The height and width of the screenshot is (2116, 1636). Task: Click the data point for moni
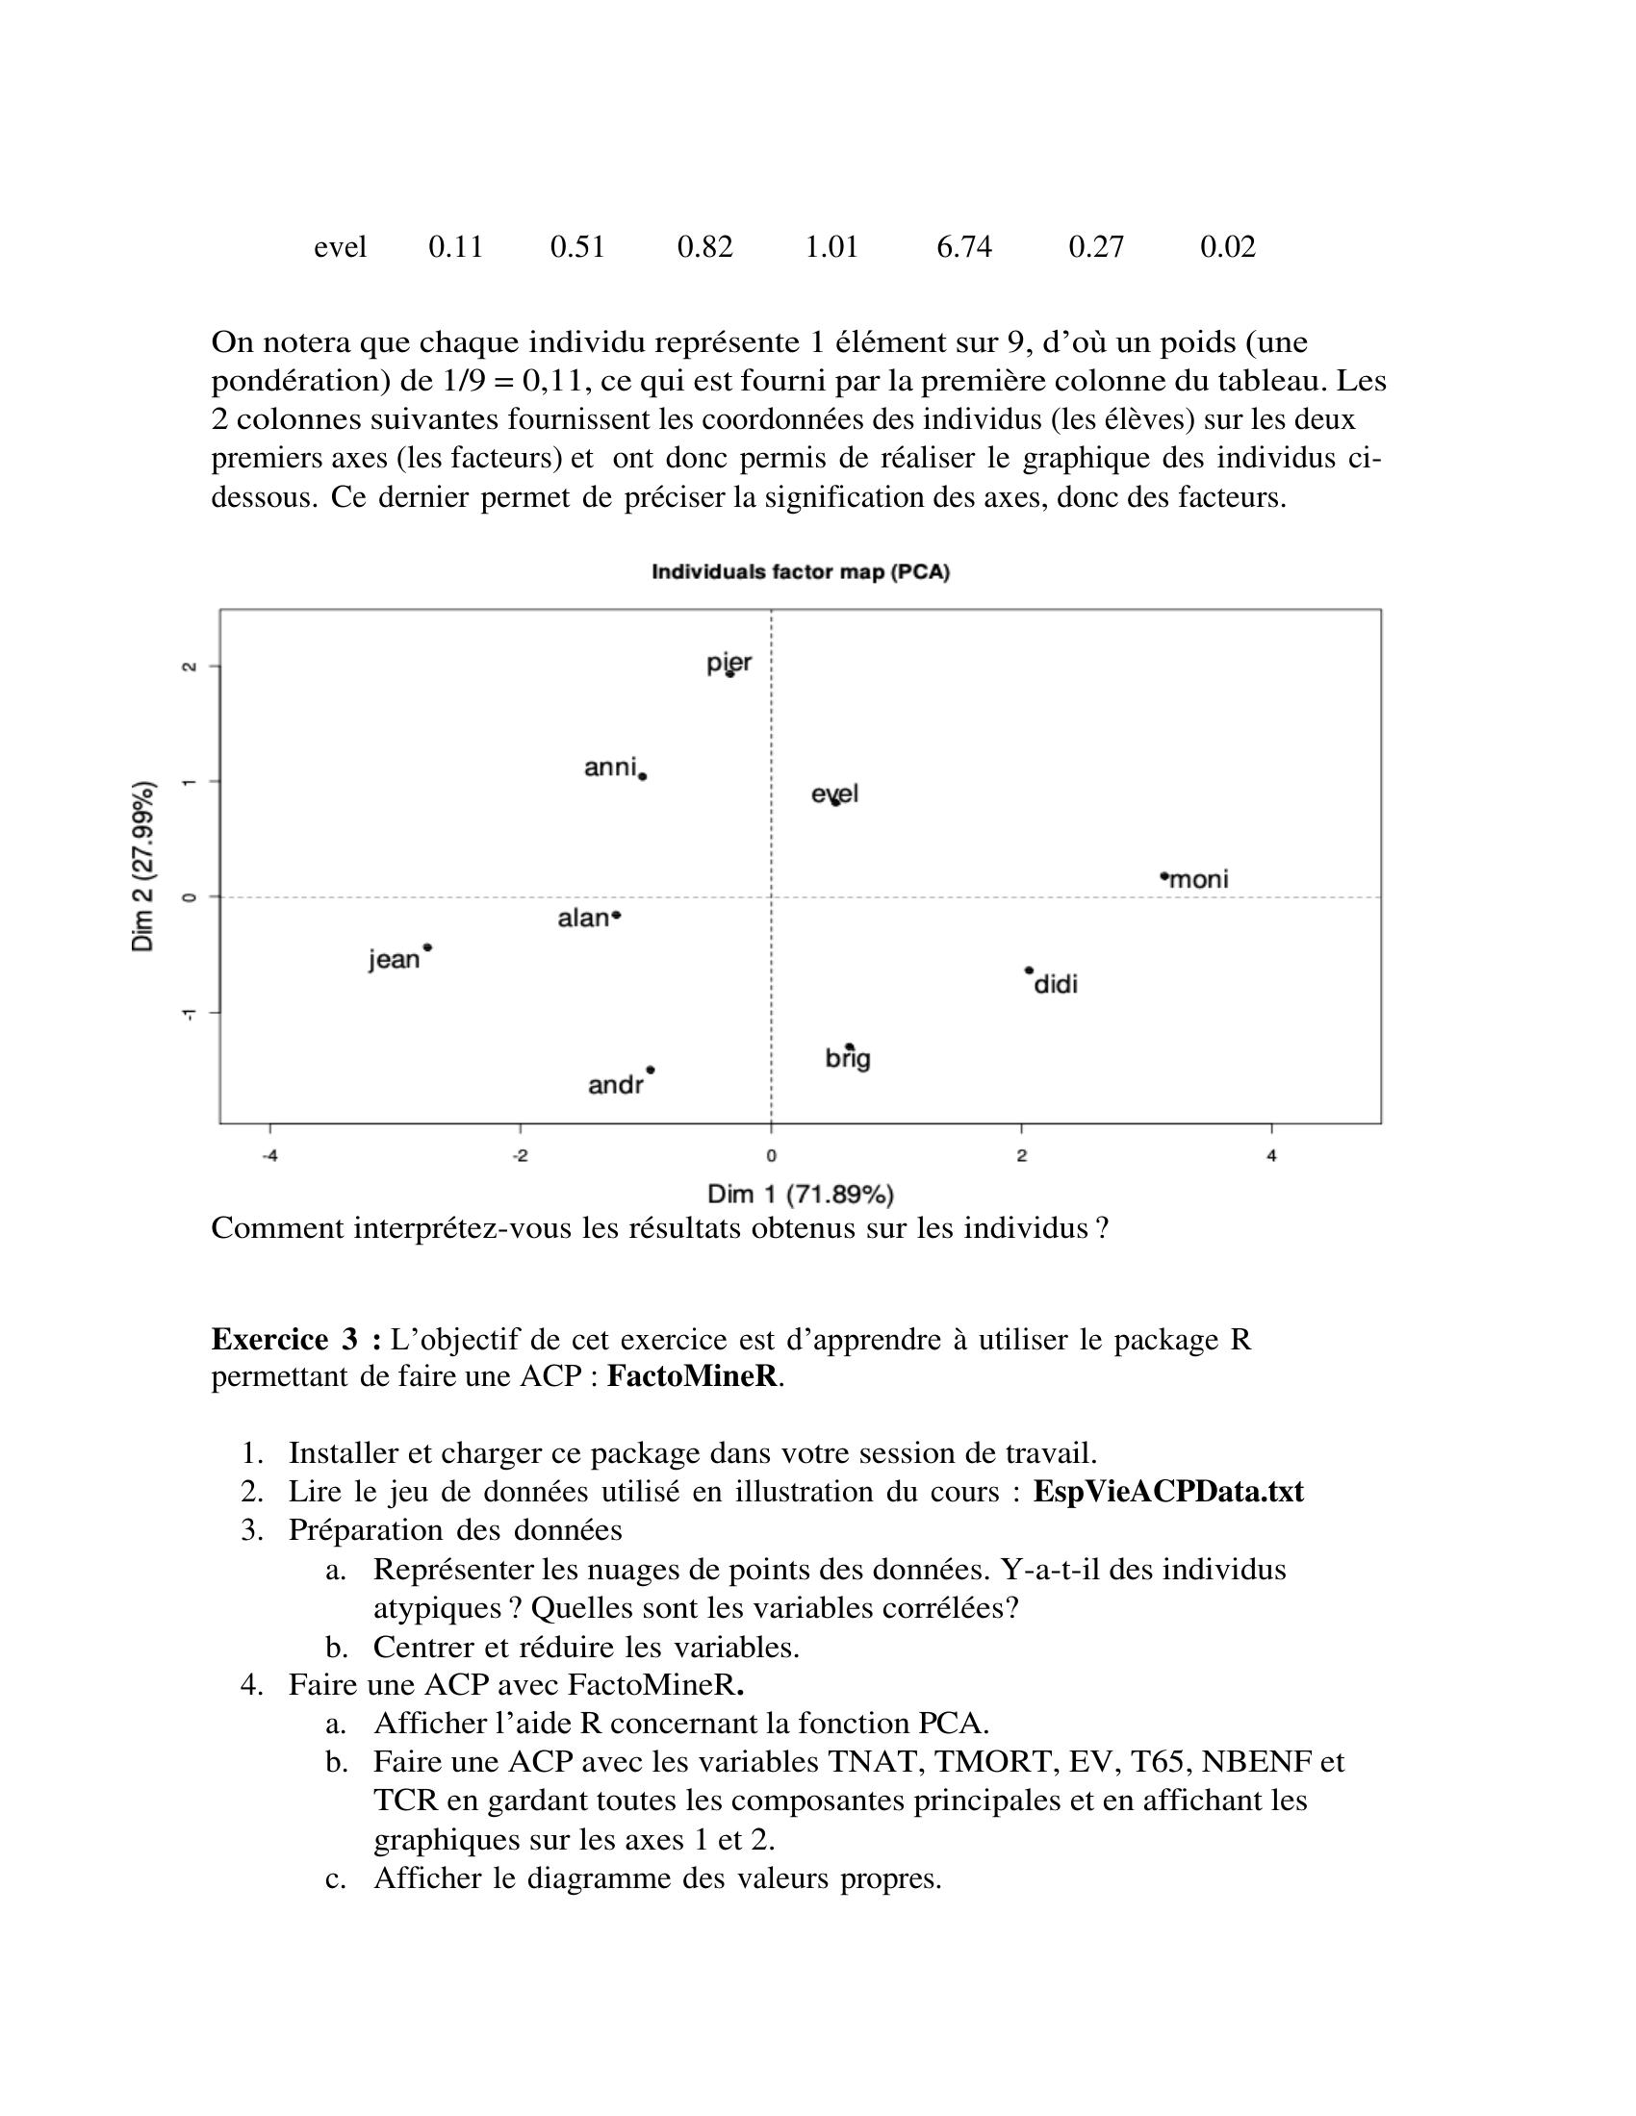point(1164,876)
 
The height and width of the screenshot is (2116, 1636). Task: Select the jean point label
point(395,959)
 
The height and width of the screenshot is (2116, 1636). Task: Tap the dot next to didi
point(1029,970)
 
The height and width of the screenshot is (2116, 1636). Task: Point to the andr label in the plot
point(616,1085)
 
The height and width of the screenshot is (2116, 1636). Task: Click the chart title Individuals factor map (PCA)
point(801,571)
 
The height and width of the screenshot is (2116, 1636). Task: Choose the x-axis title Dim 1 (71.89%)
point(801,1194)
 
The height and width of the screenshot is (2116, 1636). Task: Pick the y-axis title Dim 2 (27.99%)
point(142,866)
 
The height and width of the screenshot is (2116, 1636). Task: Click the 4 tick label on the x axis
point(1271,1155)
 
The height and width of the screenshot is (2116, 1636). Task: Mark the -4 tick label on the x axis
point(269,1155)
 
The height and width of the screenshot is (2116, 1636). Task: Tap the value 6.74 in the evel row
point(963,247)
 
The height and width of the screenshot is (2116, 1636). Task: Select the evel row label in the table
point(340,247)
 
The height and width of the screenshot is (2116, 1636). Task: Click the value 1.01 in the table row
point(831,247)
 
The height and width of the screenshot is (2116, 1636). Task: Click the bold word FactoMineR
point(694,1376)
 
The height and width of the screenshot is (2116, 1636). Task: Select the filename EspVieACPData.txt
point(1168,1491)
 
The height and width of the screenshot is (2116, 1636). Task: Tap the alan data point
point(618,915)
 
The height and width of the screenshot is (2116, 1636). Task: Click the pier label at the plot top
point(728,663)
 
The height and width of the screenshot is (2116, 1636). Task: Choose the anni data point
point(643,776)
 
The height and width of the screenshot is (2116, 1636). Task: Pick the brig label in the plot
point(848,1059)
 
